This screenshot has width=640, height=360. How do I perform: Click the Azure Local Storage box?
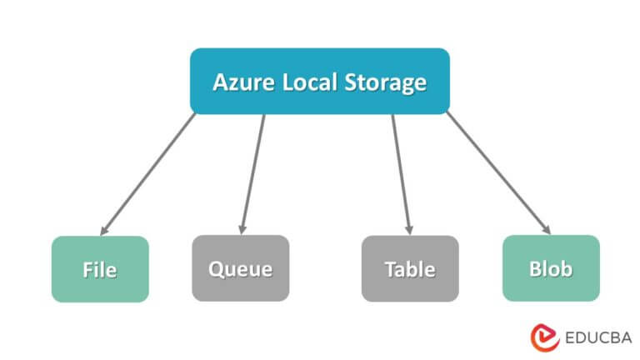pos(320,81)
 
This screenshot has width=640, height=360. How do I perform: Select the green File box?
pos(100,269)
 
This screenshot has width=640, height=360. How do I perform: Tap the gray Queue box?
pos(240,268)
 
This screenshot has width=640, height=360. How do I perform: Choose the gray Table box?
pos(410,268)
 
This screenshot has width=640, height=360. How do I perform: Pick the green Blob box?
pos(551,268)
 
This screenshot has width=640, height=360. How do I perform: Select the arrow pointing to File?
pos(148,173)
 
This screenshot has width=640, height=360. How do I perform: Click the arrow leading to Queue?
pos(252,173)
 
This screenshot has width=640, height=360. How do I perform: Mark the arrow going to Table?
pos(401,173)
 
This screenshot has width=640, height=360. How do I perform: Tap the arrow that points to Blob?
pos(498,173)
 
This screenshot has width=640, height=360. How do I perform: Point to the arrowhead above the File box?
pos(103,230)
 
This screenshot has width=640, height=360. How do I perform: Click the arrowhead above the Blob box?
pos(547,230)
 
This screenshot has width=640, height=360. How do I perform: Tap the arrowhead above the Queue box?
pos(242,229)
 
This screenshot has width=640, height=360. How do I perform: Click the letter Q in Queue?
pos(215,269)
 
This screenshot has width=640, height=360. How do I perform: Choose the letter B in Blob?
pos(534,268)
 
